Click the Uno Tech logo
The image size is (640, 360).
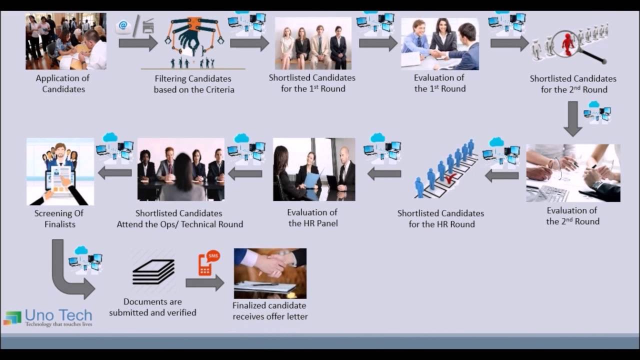point(48,317)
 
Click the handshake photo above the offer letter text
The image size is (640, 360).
point(270,273)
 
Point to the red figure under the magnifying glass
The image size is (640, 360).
point(568,43)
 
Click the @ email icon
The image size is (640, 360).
point(123,26)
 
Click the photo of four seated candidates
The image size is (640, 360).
point(313,43)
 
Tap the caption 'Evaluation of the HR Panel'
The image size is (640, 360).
point(313,218)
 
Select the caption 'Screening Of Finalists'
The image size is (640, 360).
point(59,218)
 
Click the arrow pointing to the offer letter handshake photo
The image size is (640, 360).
point(204,283)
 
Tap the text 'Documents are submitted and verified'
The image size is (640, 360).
point(152,307)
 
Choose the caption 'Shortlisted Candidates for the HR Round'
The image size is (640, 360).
point(440,218)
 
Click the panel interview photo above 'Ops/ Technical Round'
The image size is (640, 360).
point(181,169)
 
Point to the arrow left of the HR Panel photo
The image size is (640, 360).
point(245,173)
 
